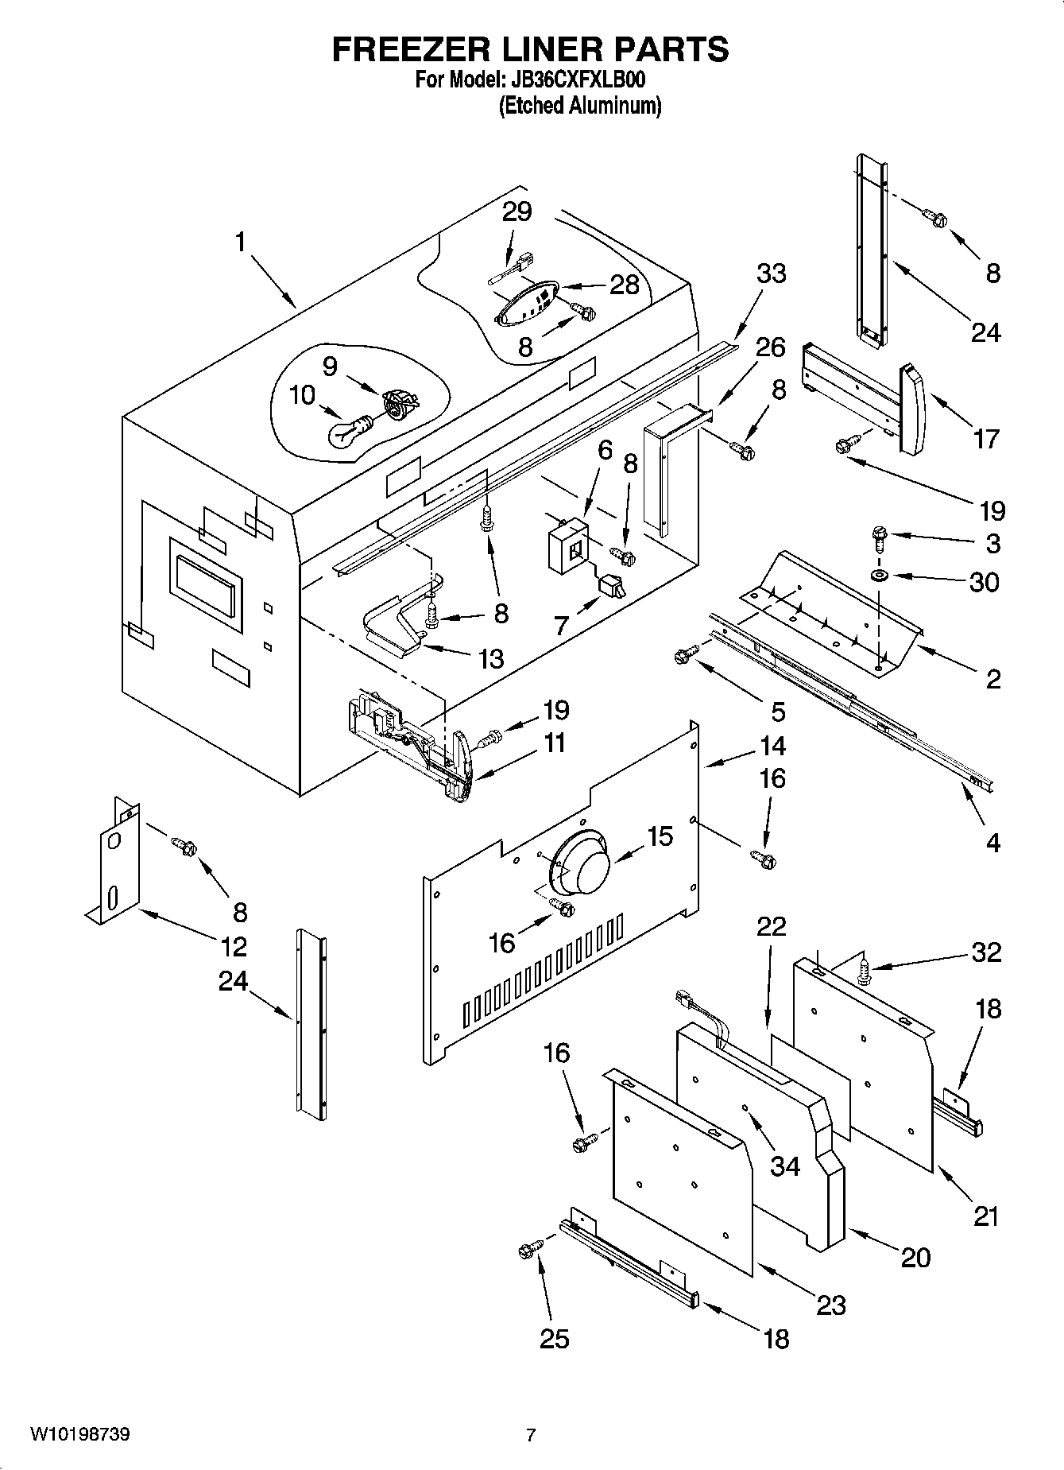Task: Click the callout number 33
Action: (771, 273)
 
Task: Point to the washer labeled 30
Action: (879, 574)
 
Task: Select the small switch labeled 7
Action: (612, 587)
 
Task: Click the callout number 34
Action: (785, 1166)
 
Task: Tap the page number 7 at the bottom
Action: (531, 1435)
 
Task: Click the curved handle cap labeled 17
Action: (912, 407)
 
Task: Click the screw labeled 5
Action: (685, 654)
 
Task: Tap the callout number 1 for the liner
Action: (241, 242)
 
